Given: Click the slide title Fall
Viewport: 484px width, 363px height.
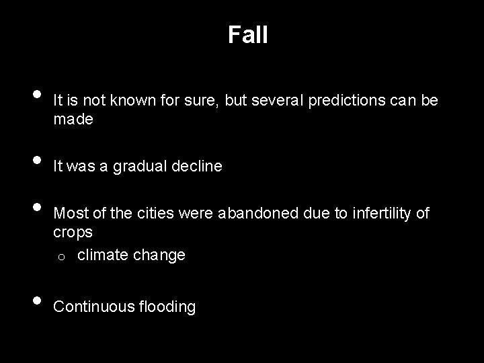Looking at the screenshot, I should (247, 35).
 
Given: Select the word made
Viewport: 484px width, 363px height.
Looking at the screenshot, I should (73, 120).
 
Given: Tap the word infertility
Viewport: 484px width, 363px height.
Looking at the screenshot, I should (377, 214).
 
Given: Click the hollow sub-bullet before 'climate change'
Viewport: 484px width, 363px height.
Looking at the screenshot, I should (59, 257).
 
